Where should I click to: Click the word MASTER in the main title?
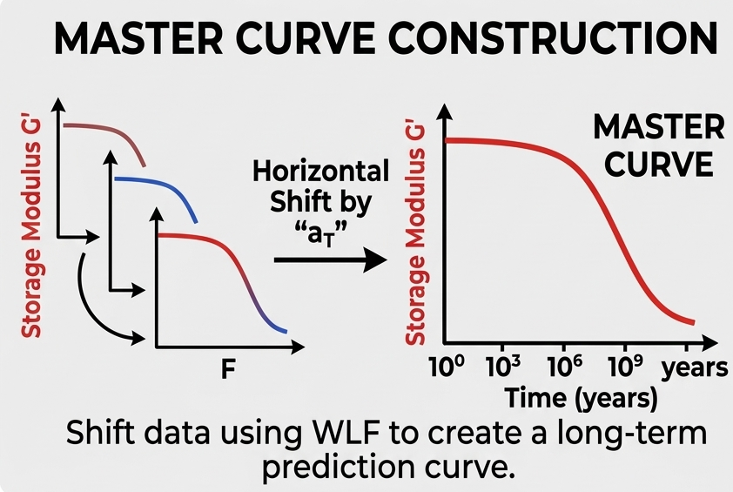[138, 37]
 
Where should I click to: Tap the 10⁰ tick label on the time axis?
[447, 367]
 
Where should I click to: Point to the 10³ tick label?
[502, 367]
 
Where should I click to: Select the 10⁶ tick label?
[565, 367]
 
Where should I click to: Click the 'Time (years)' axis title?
[581, 399]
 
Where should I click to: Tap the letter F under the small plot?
[228, 369]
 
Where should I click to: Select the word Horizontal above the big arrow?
[320, 171]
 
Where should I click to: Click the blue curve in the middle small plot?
[162, 190]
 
